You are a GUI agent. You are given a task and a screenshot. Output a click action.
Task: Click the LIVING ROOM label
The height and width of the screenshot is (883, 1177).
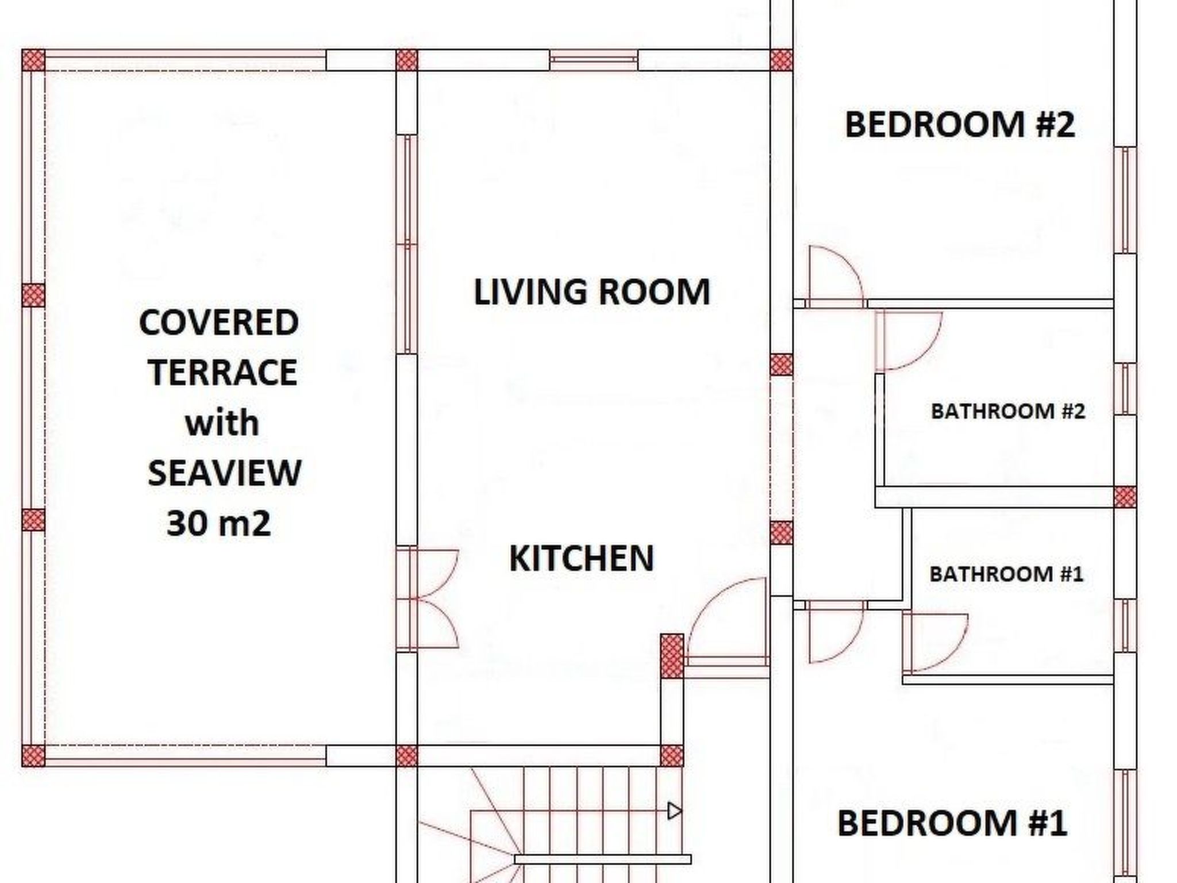click(591, 291)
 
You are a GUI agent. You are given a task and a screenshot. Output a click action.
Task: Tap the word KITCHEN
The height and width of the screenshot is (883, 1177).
click(582, 558)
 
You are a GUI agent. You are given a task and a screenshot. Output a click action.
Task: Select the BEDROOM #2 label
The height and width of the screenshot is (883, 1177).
click(959, 124)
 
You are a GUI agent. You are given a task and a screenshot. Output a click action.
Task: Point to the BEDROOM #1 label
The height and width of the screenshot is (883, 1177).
click(952, 823)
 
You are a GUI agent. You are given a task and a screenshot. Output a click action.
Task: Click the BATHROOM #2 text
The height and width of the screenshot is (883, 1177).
click(1007, 412)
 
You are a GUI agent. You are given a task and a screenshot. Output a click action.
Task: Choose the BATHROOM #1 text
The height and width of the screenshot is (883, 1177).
click(1006, 574)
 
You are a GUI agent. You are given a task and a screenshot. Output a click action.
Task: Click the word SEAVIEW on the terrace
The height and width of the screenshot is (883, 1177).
click(224, 473)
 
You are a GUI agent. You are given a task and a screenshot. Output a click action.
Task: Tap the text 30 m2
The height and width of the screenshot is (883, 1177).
click(218, 524)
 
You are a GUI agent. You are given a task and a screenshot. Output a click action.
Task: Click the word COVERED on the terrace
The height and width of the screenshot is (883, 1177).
click(218, 323)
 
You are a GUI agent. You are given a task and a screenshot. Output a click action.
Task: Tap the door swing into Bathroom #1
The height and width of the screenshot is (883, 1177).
click(934, 641)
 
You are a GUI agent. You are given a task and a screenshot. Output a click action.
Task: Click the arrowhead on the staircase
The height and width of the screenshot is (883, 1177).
click(674, 811)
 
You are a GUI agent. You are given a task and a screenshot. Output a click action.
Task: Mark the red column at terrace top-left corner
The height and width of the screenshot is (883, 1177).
click(33, 60)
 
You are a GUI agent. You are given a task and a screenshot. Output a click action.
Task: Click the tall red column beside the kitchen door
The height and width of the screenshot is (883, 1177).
click(672, 656)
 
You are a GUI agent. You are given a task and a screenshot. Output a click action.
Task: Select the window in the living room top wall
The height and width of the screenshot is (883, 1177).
click(594, 59)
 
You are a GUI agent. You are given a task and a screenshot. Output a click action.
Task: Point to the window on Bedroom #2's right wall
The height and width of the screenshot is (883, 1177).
click(1125, 200)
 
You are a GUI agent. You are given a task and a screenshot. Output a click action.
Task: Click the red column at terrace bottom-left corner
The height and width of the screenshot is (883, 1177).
click(33, 755)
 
